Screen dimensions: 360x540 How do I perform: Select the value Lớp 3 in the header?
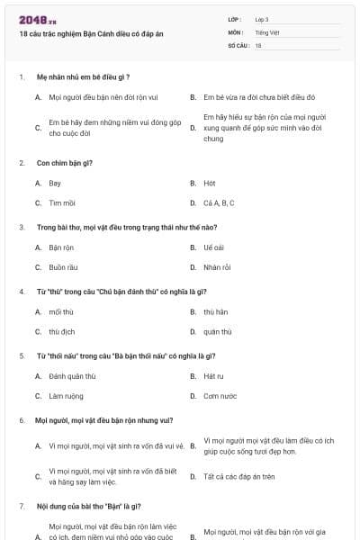(x=262, y=19)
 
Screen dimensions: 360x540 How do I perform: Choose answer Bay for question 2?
(x=55, y=183)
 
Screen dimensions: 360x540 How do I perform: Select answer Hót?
(x=210, y=183)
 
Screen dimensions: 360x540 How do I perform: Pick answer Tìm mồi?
(x=62, y=203)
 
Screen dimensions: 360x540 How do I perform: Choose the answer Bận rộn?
(x=61, y=247)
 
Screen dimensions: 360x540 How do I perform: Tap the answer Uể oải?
(x=213, y=247)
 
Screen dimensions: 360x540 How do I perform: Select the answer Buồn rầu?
(x=63, y=267)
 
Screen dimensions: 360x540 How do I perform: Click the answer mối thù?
(x=61, y=311)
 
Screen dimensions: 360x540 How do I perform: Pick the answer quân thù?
(x=217, y=332)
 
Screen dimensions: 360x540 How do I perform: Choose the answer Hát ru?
(x=213, y=375)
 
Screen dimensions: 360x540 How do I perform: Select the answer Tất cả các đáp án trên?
(x=238, y=476)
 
